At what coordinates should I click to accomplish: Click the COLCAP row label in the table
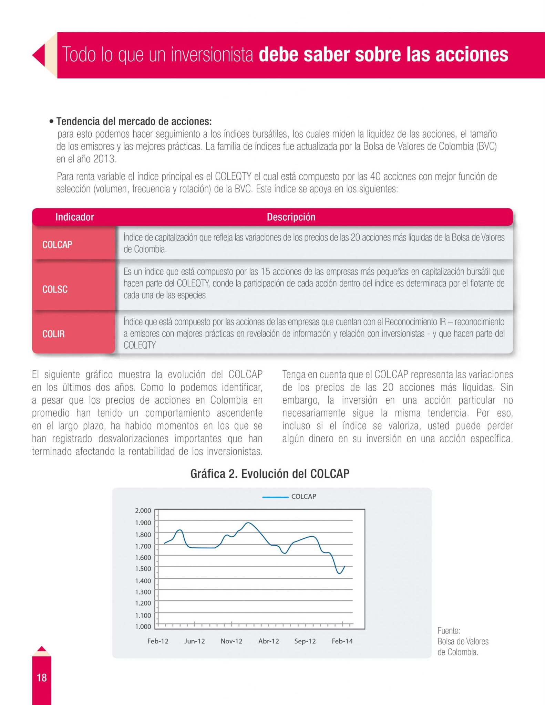coord(57,244)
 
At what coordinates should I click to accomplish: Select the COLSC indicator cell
coord(55,289)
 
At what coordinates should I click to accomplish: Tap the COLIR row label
coord(53,334)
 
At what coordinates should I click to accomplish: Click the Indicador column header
coord(74,217)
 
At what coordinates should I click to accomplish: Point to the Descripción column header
coord(291,217)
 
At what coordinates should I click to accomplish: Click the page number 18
coord(42,677)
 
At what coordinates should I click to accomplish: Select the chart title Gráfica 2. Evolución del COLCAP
coord(270,474)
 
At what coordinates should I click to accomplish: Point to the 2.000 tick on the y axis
coord(143,511)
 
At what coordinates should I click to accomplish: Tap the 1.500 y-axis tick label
coord(143,569)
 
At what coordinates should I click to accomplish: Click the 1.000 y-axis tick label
coord(143,627)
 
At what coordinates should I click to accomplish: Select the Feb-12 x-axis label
coord(158,641)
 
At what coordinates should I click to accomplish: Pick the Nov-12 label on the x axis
coord(232,641)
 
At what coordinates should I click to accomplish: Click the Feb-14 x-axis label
coord(342,641)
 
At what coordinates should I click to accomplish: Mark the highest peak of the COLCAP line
coord(248,523)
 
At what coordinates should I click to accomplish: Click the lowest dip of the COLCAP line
coord(339,574)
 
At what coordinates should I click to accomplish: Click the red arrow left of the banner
coord(39,55)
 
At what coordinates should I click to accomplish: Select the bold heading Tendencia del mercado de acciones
coord(134,121)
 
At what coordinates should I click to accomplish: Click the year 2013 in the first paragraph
coord(105,159)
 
